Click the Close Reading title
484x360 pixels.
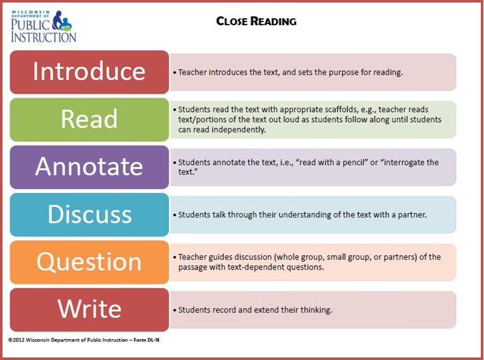pyautogui.click(x=256, y=22)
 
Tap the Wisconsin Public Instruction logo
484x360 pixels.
pyautogui.click(x=44, y=26)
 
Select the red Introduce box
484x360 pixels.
pyautogui.click(x=89, y=71)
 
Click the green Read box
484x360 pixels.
pyautogui.click(x=89, y=119)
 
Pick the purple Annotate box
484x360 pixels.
pyautogui.click(x=89, y=166)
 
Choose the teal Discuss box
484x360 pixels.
pyautogui.click(x=89, y=214)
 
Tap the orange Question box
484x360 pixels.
pyautogui.click(x=89, y=261)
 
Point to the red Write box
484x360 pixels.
pyautogui.click(x=89, y=309)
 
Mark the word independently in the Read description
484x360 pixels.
pyautogui.click(x=239, y=130)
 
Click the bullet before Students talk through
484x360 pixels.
pyautogui.click(x=175, y=215)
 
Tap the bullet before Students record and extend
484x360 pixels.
pyautogui.click(x=175, y=311)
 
